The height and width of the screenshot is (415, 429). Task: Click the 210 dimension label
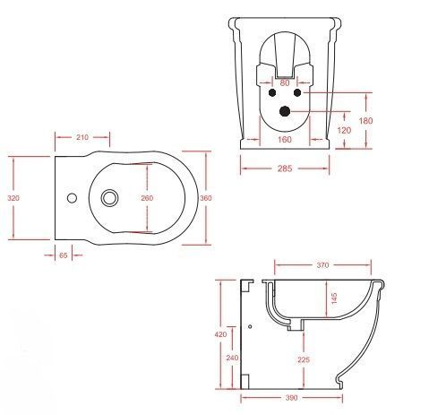[x=82, y=137]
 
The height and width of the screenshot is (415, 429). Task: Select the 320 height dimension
[x=13, y=198]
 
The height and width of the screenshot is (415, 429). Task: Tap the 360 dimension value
[x=206, y=198]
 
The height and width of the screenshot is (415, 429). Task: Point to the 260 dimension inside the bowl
[x=147, y=198]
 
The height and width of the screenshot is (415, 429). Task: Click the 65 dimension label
[x=64, y=255]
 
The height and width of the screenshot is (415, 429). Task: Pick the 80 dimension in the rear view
[x=285, y=83]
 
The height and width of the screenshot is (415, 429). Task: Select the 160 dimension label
[x=285, y=140]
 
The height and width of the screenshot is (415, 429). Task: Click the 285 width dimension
[x=285, y=169]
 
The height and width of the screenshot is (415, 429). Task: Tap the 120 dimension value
[x=344, y=130]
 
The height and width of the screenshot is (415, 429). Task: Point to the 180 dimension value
[x=365, y=121]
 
